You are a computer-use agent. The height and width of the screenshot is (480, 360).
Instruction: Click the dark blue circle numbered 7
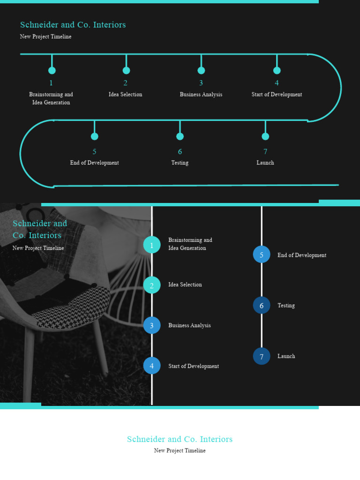(x=262, y=356)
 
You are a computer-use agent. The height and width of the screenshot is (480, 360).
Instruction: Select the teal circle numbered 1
(x=152, y=245)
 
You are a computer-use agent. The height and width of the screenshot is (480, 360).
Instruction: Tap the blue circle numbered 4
(x=152, y=366)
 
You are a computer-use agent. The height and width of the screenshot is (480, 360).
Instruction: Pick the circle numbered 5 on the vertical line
(x=262, y=255)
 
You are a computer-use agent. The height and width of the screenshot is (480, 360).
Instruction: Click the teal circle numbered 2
(x=152, y=285)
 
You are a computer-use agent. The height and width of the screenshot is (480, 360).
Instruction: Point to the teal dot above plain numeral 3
(x=201, y=70)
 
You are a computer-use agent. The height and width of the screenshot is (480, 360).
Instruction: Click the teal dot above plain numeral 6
(x=180, y=136)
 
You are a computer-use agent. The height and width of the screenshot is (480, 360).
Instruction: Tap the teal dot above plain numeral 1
(x=52, y=70)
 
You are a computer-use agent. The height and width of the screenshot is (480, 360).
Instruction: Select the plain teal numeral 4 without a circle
(x=277, y=83)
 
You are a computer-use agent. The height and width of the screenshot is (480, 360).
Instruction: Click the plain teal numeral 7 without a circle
(x=265, y=151)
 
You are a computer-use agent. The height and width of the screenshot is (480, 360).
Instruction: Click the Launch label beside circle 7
(x=286, y=356)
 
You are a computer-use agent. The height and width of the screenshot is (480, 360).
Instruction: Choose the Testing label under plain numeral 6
(x=180, y=163)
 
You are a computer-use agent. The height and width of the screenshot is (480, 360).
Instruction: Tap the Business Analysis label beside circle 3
(x=189, y=325)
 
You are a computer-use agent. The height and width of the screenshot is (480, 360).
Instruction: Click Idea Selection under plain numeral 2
(x=126, y=95)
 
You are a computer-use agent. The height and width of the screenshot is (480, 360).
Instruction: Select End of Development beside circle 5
(x=301, y=255)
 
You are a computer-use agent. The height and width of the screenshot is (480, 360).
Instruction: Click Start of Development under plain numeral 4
(x=277, y=95)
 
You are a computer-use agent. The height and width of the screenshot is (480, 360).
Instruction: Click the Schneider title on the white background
(x=180, y=439)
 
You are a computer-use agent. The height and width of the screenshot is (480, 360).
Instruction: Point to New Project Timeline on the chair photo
(x=38, y=248)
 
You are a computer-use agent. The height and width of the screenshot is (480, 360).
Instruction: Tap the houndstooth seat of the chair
(x=75, y=307)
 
